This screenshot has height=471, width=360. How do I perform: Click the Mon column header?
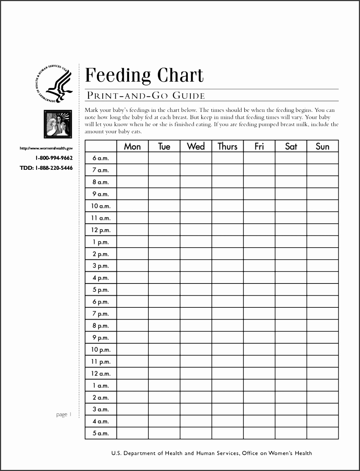point(132,146)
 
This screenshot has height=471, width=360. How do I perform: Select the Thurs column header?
point(228,146)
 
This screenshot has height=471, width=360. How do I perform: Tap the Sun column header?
point(322,146)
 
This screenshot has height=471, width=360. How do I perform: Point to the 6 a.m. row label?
point(101,158)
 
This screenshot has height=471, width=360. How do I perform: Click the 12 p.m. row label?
point(101,230)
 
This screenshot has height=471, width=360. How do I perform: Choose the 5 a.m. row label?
point(101,433)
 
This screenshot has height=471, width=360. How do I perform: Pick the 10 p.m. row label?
point(101,350)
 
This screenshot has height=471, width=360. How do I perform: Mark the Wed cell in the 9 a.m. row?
point(196,194)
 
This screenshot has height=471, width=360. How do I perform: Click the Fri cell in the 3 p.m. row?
point(259,266)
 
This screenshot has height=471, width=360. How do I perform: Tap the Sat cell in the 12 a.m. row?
point(291,374)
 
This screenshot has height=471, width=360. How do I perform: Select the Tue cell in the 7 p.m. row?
point(164,314)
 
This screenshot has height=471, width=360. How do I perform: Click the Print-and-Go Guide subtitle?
point(145,96)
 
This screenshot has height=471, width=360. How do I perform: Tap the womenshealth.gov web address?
point(46,148)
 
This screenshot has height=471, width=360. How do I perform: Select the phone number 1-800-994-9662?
point(54,158)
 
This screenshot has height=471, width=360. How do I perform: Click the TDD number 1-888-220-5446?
point(46,168)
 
